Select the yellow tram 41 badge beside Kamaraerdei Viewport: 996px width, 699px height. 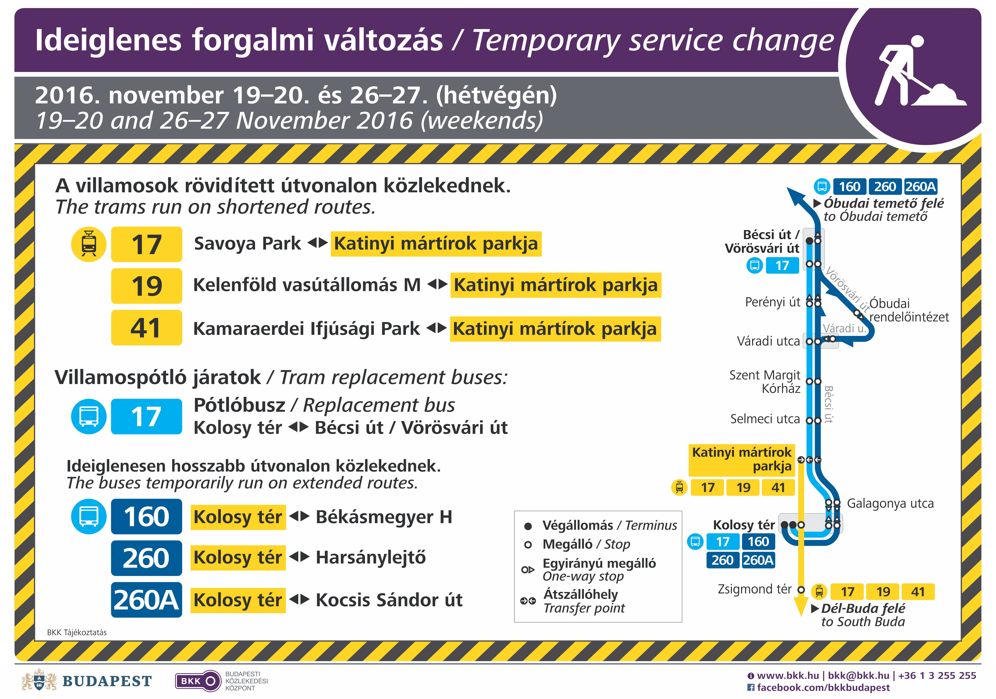[147, 328]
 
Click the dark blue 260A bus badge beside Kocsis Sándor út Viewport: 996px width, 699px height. [147, 600]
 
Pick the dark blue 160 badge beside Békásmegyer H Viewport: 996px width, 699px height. [147, 516]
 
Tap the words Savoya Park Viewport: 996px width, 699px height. [247, 244]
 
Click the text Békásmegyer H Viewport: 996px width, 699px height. [384, 517]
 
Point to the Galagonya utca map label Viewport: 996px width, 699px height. [890, 503]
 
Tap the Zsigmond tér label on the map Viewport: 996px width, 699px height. [755, 589]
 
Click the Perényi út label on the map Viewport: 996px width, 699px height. [772, 302]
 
